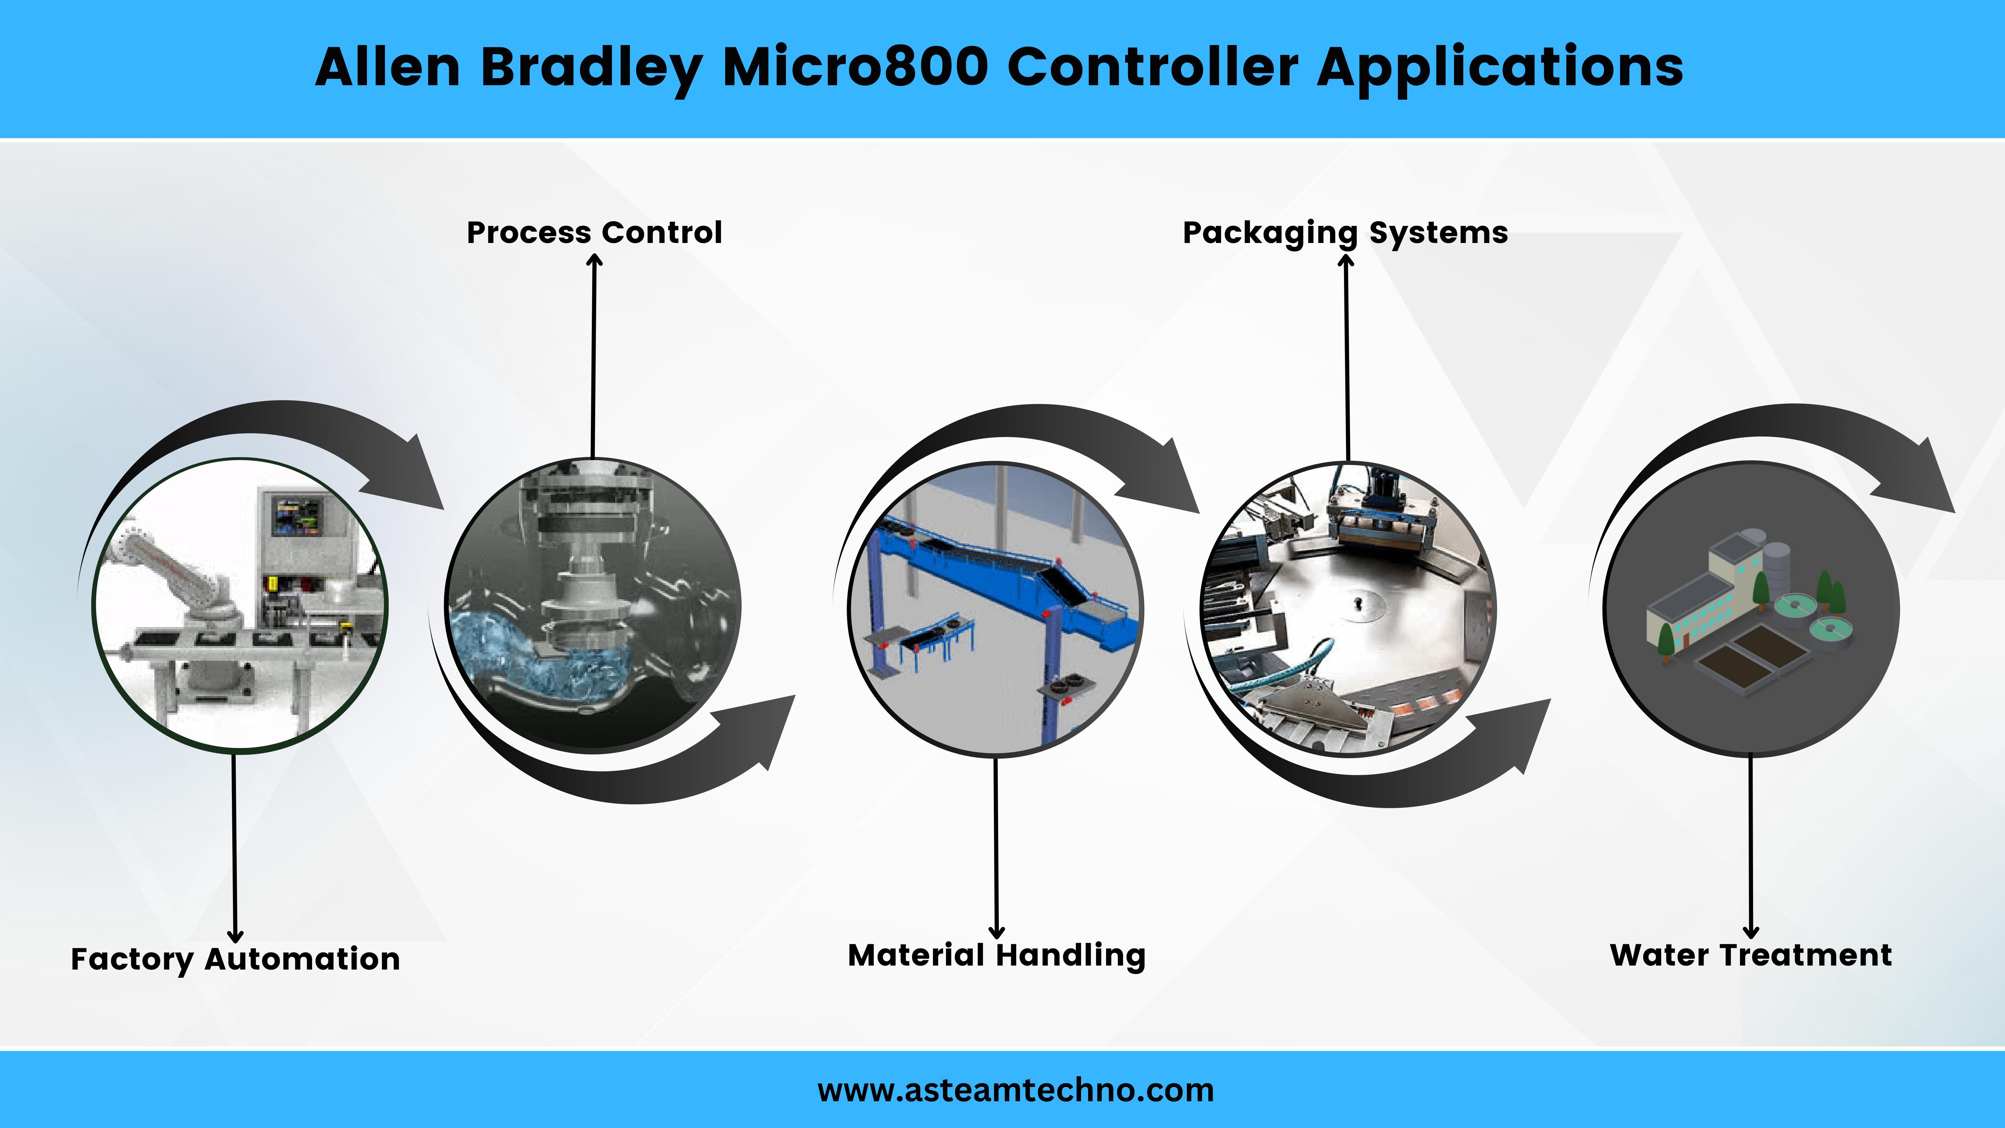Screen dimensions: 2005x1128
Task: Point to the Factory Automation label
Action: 235,959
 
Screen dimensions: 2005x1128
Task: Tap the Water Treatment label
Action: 1750,955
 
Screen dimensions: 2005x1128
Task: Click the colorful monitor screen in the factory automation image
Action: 296,516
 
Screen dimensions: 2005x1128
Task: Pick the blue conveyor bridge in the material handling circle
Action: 1004,576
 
